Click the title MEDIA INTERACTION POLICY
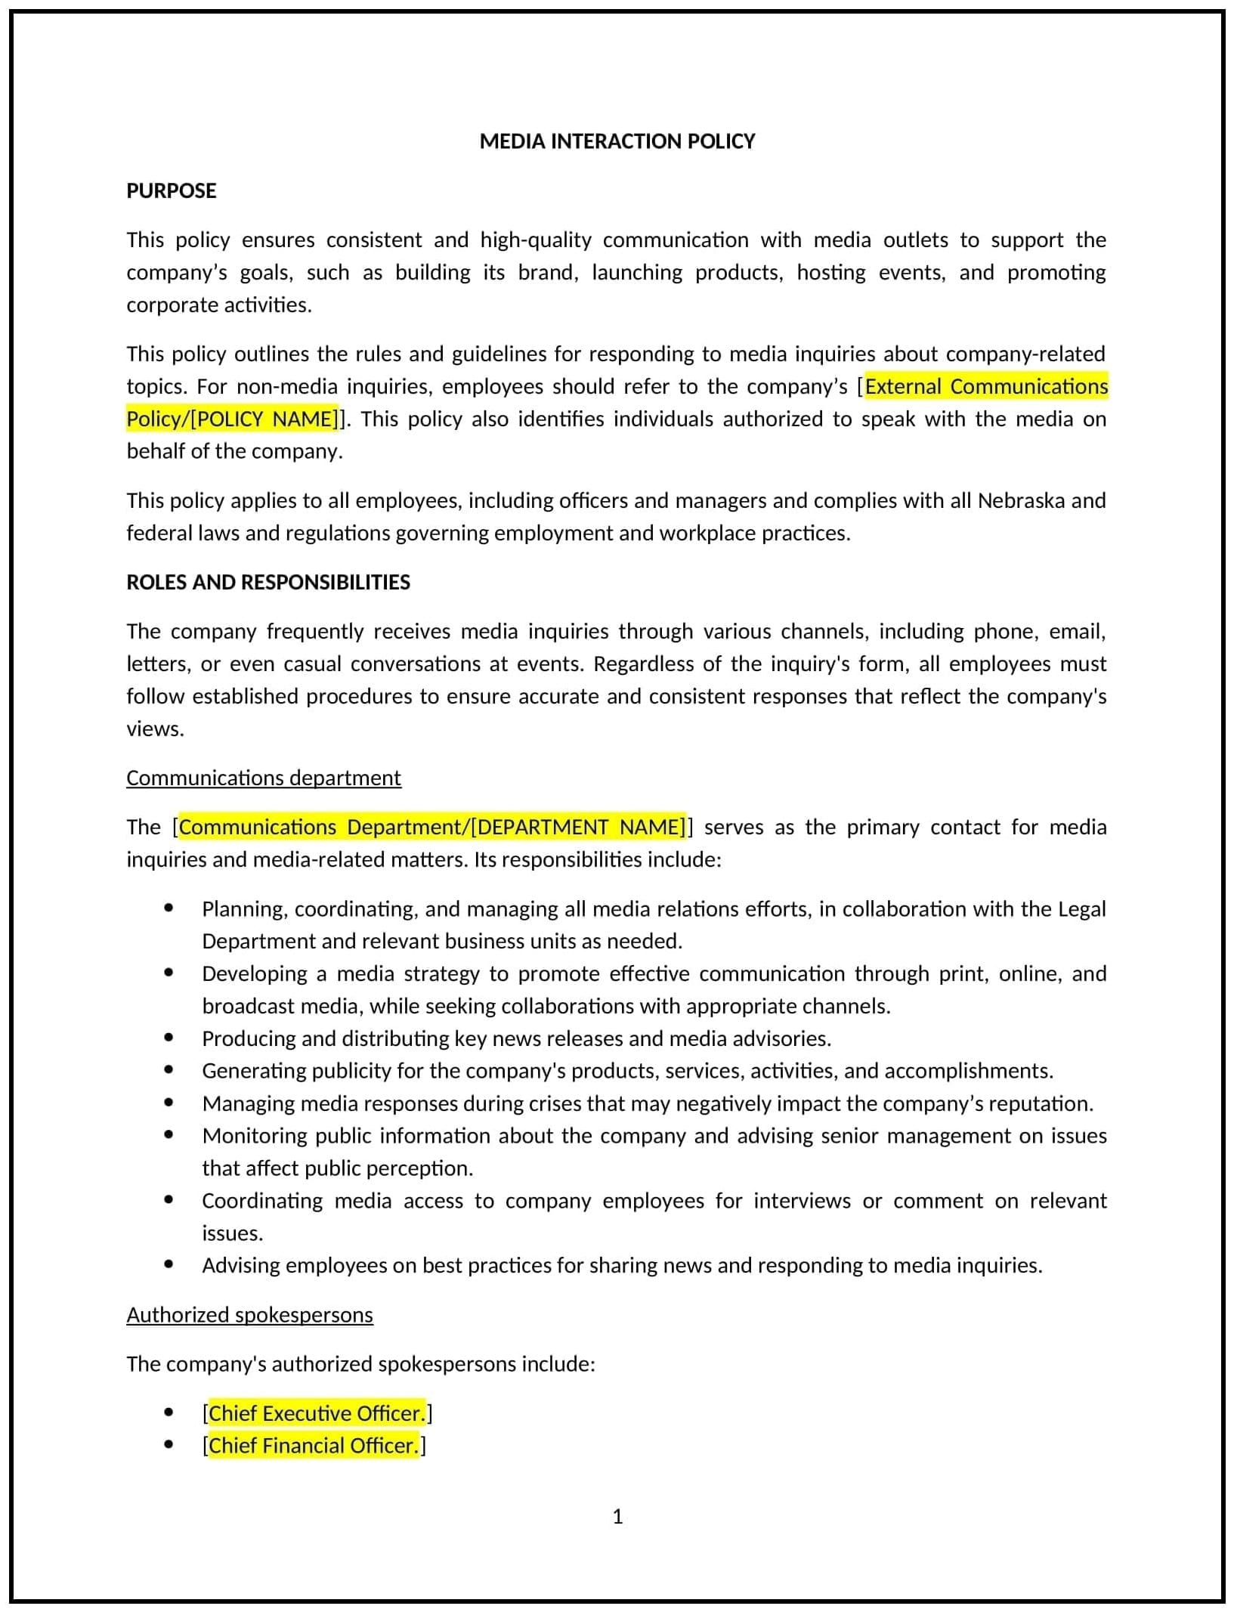pyautogui.click(x=617, y=141)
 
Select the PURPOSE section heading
pyautogui.click(x=172, y=190)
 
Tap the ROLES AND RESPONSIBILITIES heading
pyautogui.click(x=268, y=582)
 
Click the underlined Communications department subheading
pyautogui.click(x=264, y=778)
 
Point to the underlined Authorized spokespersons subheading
pyautogui.click(x=249, y=1314)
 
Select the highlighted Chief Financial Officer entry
pyautogui.click(x=314, y=1445)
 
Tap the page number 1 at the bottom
pyautogui.click(x=617, y=1516)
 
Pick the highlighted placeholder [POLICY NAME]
pyautogui.click(x=265, y=419)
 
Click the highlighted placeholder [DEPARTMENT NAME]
pyautogui.click(x=578, y=827)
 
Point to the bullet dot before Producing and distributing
pyautogui.click(x=169, y=1038)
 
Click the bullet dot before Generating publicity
pyautogui.click(x=169, y=1070)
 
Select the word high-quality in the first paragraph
pyautogui.click(x=535, y=240)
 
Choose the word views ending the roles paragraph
pyautogui.click(x=154, y=729)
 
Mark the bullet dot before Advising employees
pyautogui.click(x=169, y=1264)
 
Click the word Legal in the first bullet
pyautogui.click(x=1082, y=908)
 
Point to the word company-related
pyautogui.click(x=1025, y=354)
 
